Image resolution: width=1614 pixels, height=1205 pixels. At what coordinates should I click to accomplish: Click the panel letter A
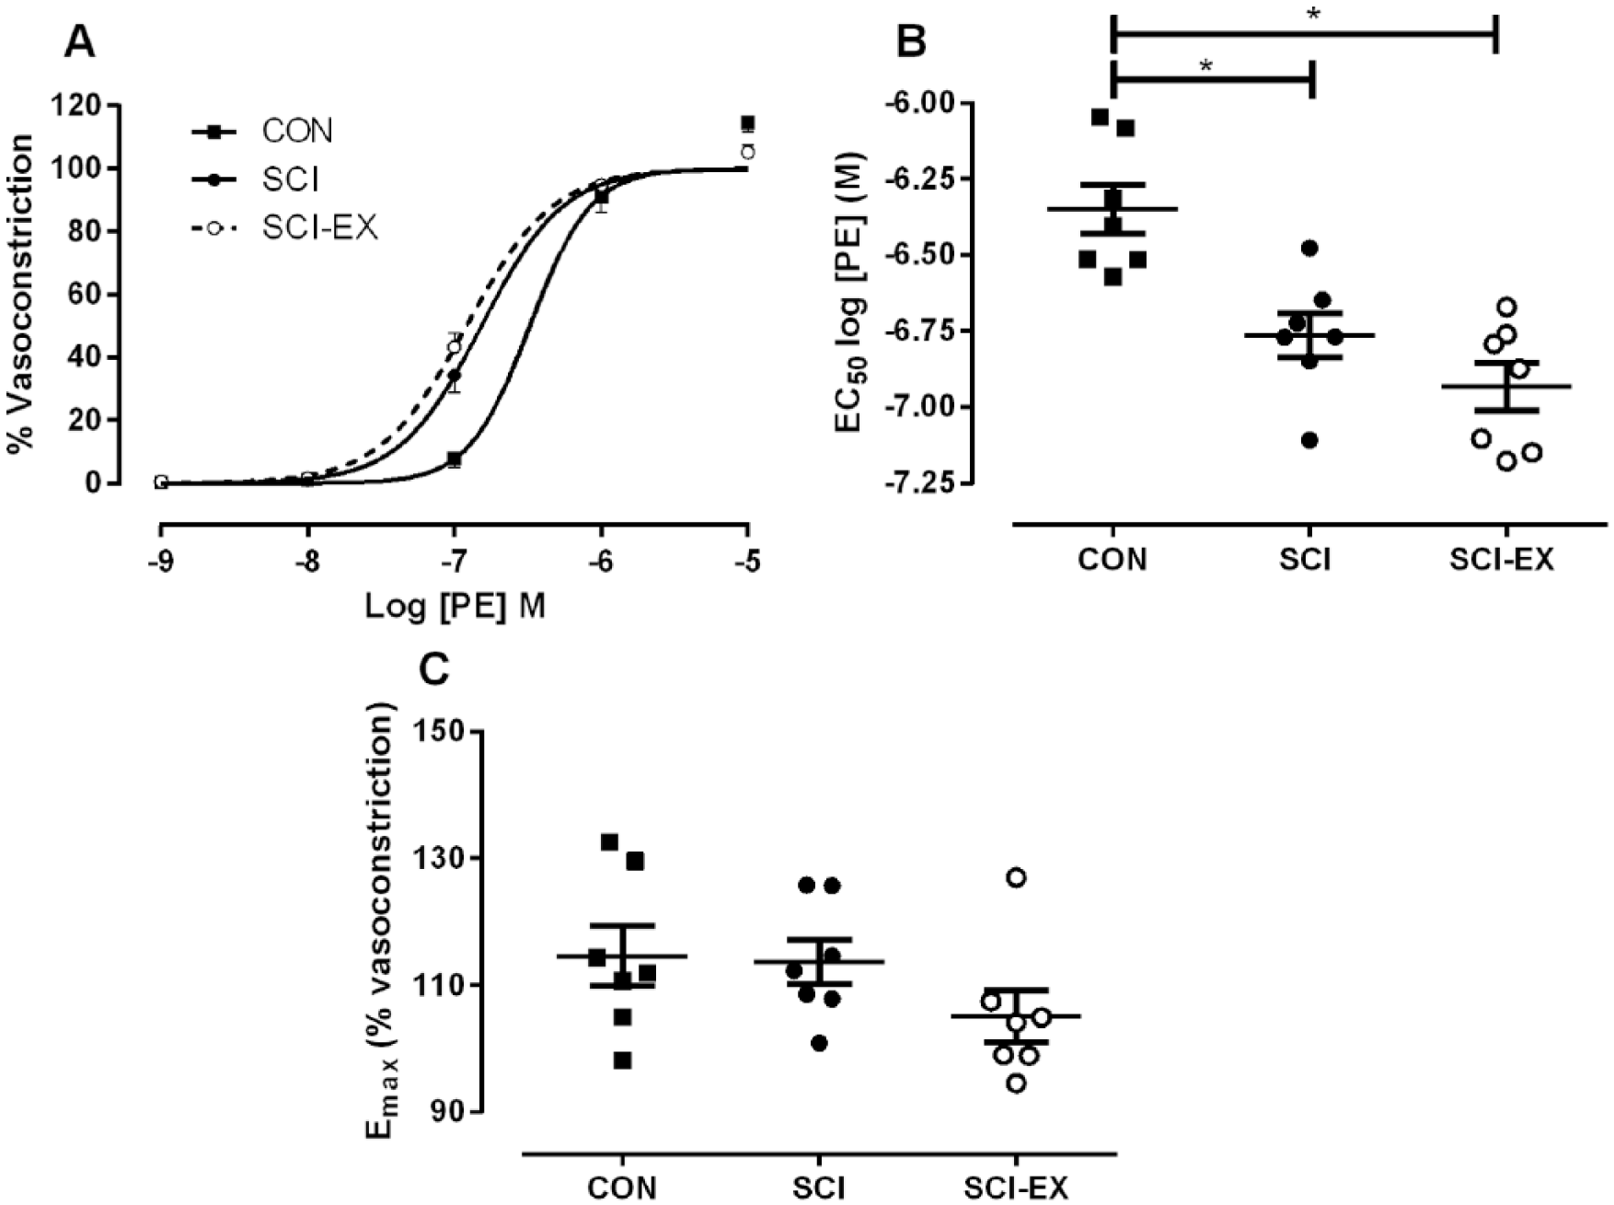[79, 41]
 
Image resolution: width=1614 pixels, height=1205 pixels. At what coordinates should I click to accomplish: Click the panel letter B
[911, 41]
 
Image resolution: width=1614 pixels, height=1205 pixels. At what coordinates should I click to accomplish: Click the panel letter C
[433, 670]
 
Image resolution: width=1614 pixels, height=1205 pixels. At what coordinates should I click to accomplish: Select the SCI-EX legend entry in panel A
[284, 227]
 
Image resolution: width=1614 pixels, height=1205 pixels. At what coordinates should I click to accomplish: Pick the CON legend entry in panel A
[262, 132]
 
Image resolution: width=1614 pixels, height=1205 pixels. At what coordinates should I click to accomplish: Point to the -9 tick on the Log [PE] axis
[160, 561]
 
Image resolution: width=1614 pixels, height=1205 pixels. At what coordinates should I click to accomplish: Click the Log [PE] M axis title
[455, 607]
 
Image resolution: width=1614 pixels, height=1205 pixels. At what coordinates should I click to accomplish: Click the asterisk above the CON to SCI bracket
[1206, 67]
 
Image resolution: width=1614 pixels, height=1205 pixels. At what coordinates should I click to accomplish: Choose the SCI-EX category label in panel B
[1502, 559]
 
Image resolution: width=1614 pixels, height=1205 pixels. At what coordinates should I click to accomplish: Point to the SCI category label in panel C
[819, 1188]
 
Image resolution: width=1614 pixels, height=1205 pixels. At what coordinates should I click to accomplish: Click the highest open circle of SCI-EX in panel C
[1016, 877]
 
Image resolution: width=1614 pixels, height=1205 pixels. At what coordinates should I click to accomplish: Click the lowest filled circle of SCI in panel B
[1310, 441]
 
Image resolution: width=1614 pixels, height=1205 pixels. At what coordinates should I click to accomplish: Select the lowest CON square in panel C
[623, 1060]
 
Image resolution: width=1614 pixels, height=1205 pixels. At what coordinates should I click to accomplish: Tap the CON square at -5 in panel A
[748, 123]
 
